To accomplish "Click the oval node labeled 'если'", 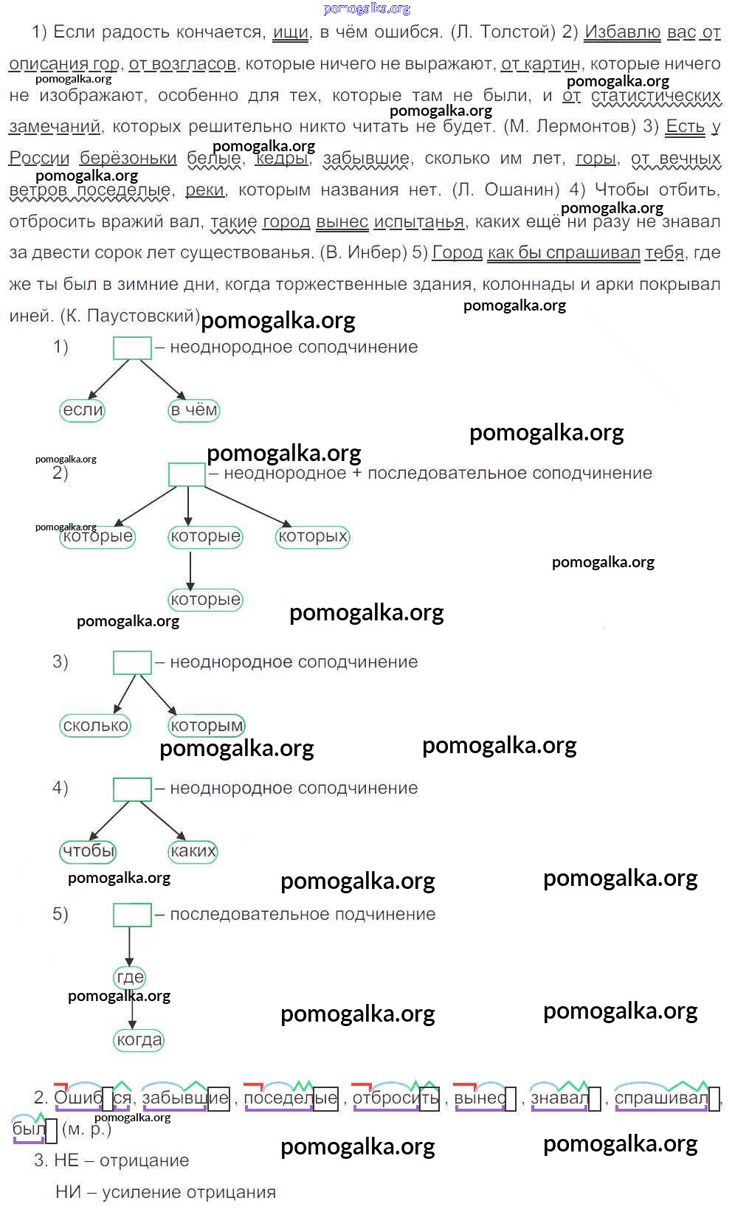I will tap(83, 410).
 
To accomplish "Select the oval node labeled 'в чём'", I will tap(194, 410).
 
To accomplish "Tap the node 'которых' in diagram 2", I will tap(313, 536).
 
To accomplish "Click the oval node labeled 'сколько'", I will tap(96, 726).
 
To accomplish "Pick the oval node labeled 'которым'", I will tap(207, 726).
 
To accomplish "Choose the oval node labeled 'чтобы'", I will tap(89, 851).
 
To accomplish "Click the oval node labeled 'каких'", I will tap(193, 851).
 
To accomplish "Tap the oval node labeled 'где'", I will tap(130, 977).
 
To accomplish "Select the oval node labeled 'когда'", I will tap(139, 1040).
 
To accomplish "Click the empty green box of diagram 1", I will tap(132, 348).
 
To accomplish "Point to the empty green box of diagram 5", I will tap(132, 915).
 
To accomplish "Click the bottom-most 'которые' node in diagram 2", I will tap(205, 600).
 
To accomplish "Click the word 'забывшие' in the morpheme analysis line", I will tap(185, 1098).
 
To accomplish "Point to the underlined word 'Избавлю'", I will tap(622, 32).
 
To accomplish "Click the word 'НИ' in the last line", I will tap(68, 1192).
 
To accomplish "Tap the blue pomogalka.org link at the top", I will tap(367, 9).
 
